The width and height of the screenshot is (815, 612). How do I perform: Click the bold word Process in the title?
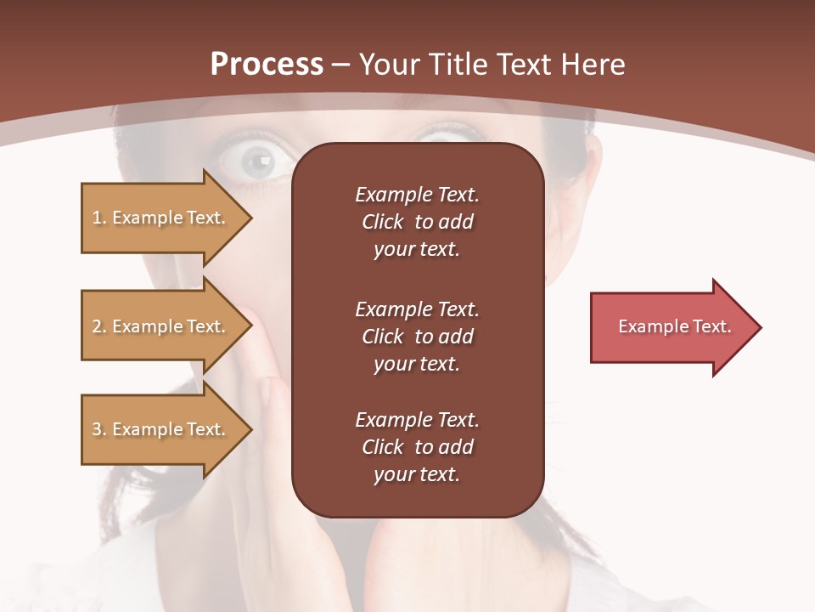tap(267, 65)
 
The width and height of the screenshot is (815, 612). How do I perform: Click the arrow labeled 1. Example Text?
tap(161, 218)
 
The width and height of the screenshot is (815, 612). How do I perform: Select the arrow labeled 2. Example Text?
tap(161, 326)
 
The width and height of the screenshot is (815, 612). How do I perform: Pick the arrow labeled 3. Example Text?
tap(161, 429)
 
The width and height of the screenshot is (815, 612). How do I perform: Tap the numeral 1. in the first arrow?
tap(98, 218)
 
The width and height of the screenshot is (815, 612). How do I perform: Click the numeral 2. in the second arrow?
tap(98, 326)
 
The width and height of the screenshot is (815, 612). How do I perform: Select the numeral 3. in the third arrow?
tap(98, 429)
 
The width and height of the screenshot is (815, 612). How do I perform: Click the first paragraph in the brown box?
tap(417, 222)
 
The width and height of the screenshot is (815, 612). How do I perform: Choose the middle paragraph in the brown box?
tap(417, 337)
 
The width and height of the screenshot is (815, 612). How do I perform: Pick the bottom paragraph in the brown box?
tap(417, 447)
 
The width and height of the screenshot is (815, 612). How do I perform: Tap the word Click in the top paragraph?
tap(382, 222)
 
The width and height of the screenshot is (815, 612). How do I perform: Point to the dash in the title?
tap(341, 65)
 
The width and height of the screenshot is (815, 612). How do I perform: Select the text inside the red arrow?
tap(674, 326)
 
